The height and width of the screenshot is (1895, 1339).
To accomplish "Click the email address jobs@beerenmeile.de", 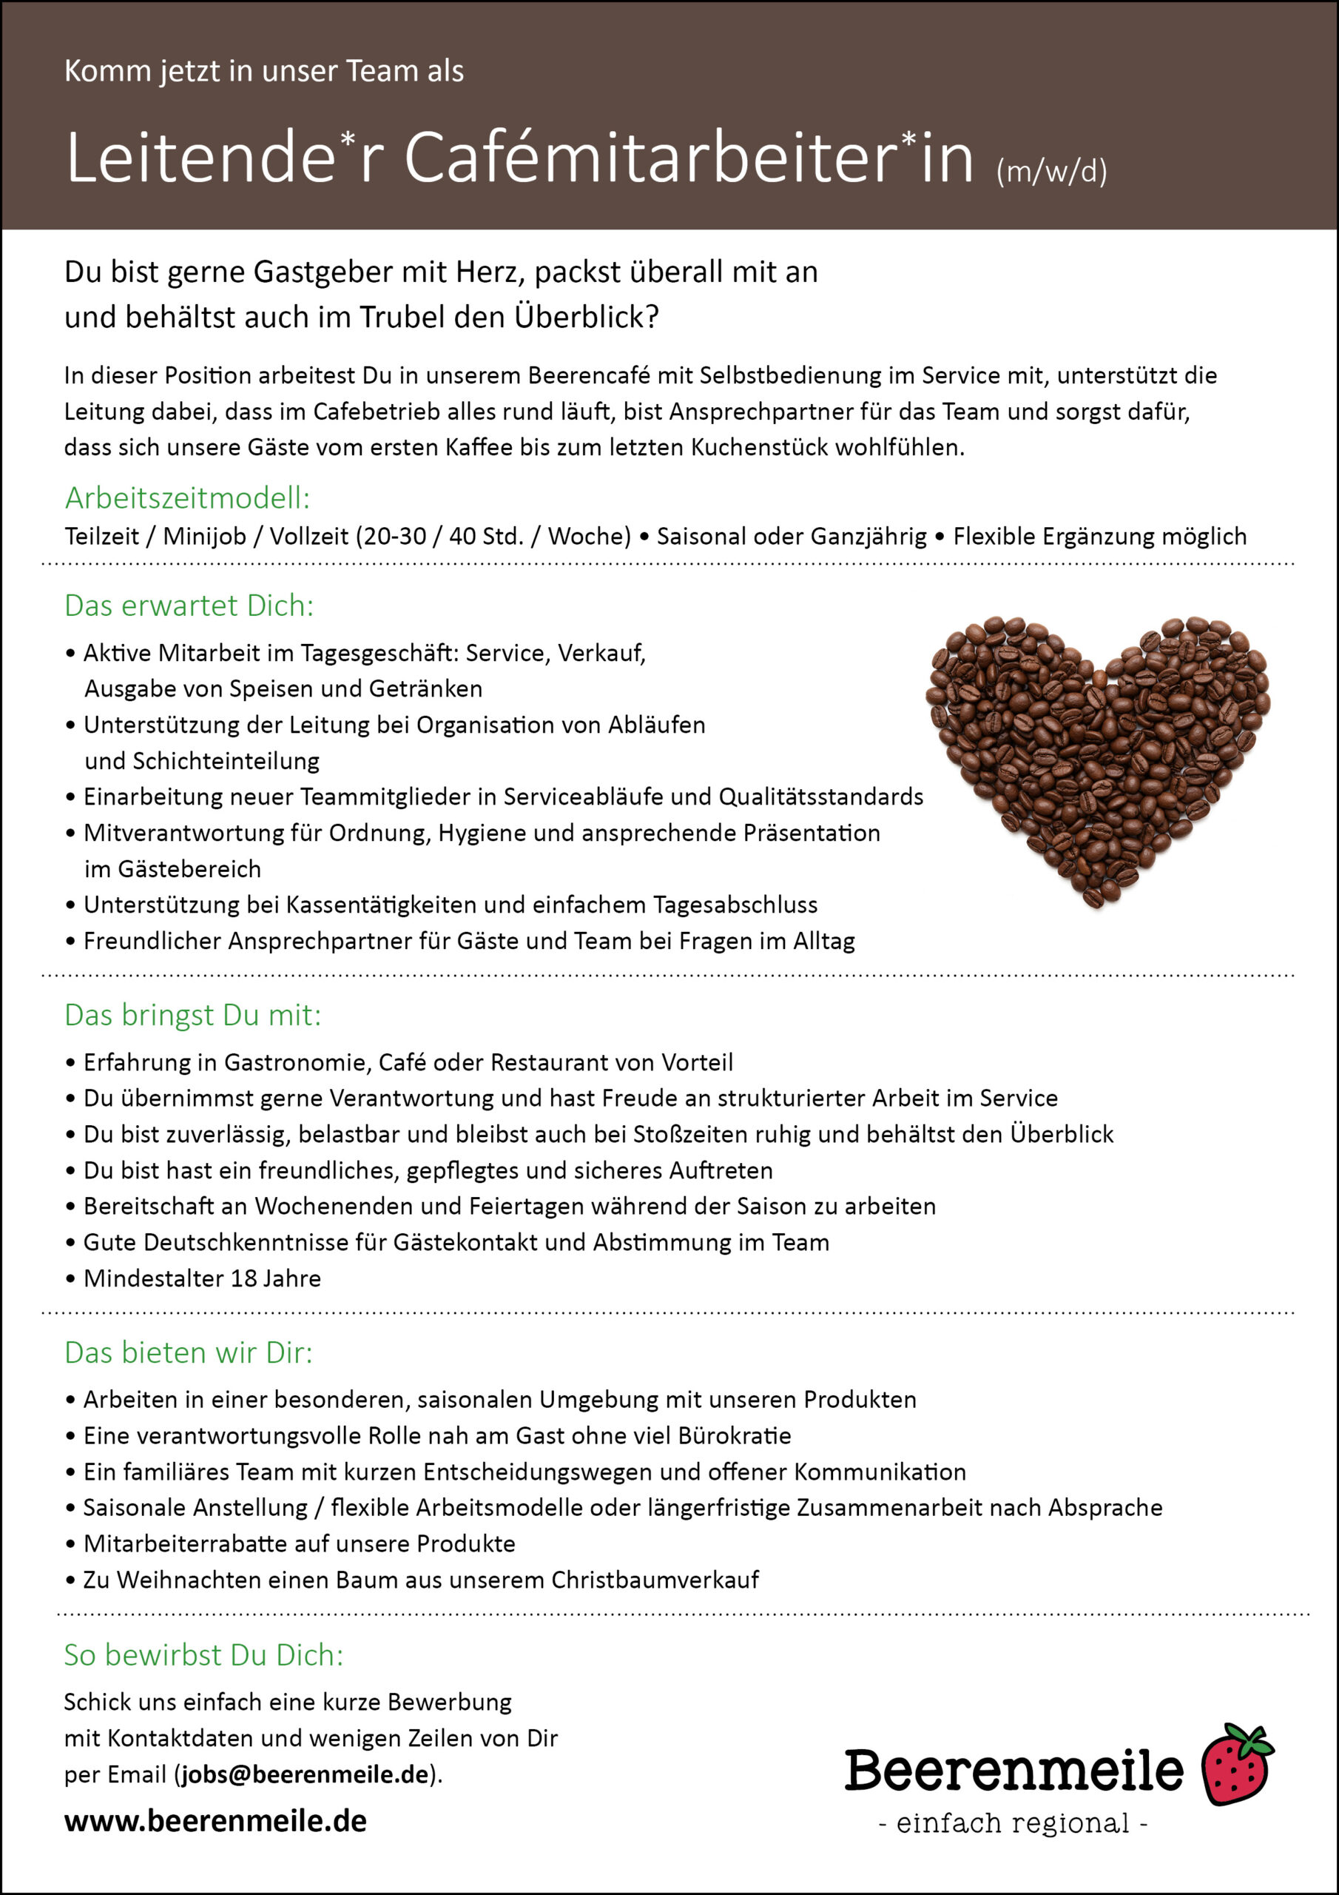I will point(306,1774).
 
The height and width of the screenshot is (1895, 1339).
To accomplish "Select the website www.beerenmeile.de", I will point(215,1821).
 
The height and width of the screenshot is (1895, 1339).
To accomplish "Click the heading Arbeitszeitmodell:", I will point(187,498).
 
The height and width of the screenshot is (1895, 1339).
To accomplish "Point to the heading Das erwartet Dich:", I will point(189,606).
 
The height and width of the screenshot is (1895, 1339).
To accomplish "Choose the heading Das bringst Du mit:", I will point(192,1015).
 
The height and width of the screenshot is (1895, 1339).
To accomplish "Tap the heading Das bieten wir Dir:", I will point(188,1352).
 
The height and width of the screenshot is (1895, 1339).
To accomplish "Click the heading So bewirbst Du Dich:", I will point(203,1655).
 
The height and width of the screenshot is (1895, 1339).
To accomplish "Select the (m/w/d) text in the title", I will point(1051,172).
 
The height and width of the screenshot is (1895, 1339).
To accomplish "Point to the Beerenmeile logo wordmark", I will point(1013,1770).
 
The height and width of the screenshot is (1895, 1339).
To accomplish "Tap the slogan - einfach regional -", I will point(1013,1823).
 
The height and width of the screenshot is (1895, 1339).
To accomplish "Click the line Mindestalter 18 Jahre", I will point(202,1278).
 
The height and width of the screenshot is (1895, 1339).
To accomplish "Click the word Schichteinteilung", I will point(202,761).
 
